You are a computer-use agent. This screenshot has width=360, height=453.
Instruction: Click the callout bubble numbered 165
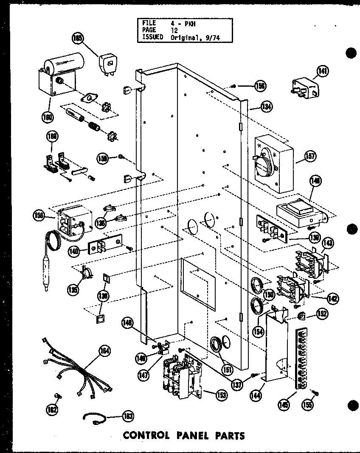pyautogui.click(x=78, y=38)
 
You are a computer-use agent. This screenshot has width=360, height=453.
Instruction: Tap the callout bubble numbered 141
pyautogui.click(x=324, y=71)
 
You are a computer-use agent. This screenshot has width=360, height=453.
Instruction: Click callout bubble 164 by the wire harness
pyautogui.click(x=104, y=351)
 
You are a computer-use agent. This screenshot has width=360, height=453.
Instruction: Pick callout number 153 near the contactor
pyautogui.click(x=221, y=395)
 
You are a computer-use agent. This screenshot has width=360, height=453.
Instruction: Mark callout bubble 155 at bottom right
pyautogui.click(x=308, y=405)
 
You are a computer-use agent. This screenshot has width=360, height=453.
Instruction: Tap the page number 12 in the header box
pyautogui.click(x=175, y=30)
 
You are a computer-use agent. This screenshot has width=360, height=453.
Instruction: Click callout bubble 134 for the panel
pyautogui.click(x=267, y=107)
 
